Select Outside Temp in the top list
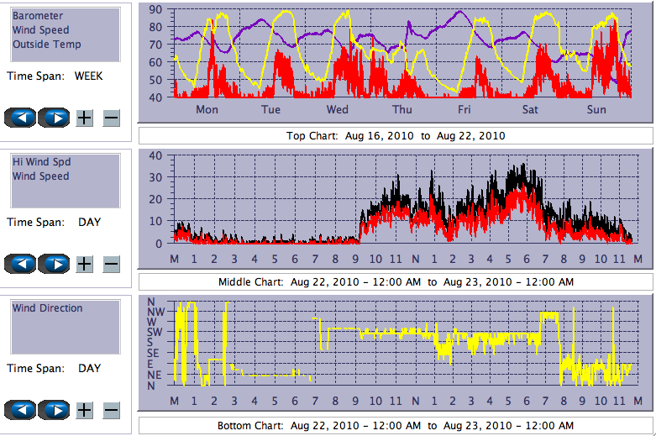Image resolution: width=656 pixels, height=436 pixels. (x=46, y=45)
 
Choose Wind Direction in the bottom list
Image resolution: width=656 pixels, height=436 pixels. (x=47, y=308)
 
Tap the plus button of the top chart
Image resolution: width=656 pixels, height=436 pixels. (x=84, y=118)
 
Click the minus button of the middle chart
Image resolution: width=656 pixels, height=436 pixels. (x=111, y=264)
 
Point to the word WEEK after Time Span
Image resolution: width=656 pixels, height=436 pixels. (x=89, y=76)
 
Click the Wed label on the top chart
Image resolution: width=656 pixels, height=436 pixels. (x=338, y=110)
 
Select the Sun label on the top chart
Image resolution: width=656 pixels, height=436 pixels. (x=596, y=110)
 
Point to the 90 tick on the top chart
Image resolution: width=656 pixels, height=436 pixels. (x=154, y=9)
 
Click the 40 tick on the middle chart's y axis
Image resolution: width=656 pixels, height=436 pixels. (x=154, y=155)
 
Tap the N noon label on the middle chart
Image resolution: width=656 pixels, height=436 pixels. (x=416, y=258)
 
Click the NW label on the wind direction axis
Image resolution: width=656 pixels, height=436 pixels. (x=156, y=312)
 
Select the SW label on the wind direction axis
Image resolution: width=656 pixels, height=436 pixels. (x=155, y=332)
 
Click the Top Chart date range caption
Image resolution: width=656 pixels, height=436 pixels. (x=396, y=135)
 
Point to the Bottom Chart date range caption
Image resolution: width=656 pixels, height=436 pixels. (x=396, y=426)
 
